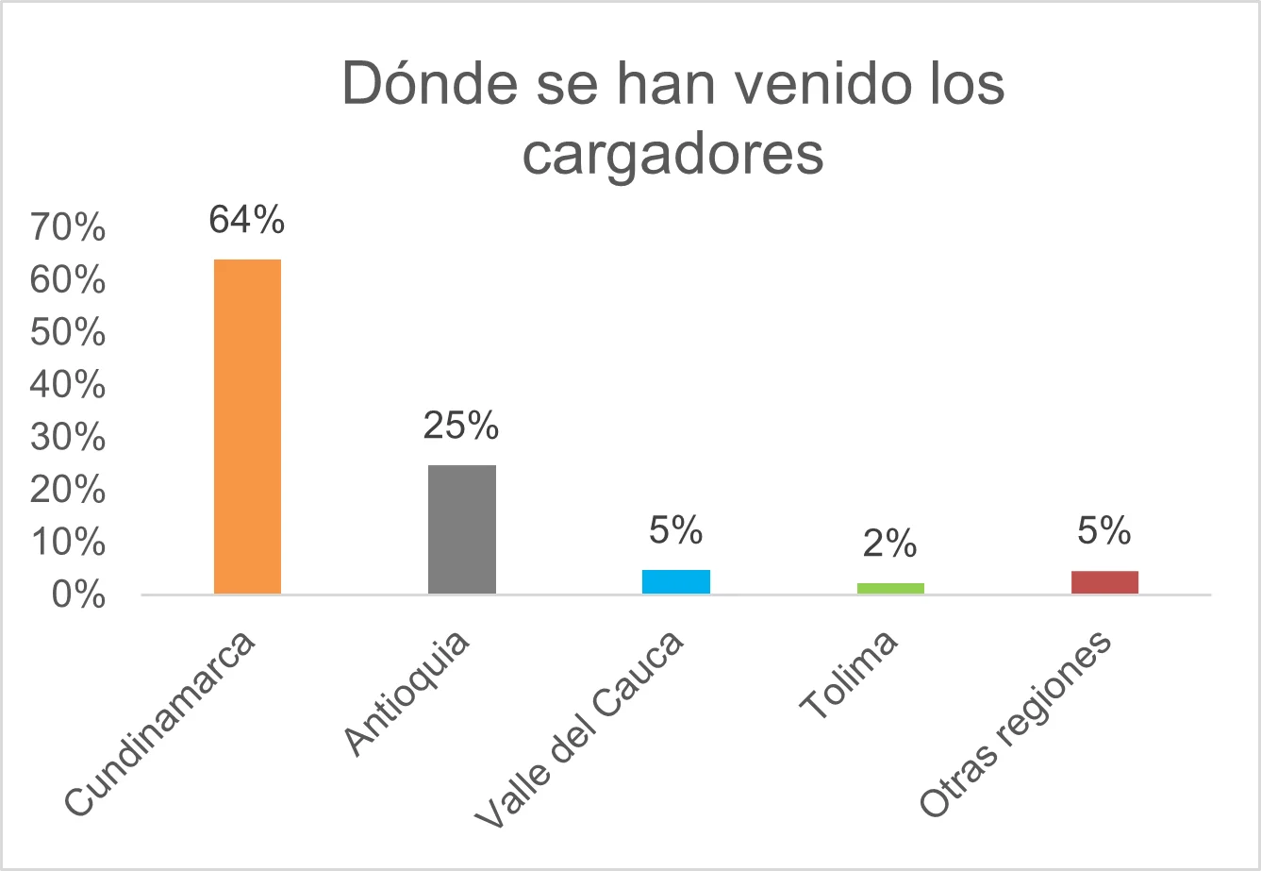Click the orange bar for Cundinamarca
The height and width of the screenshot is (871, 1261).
click(247, 426)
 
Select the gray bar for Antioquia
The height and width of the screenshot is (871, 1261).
click(461, 528)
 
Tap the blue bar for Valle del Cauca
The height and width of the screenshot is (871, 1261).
click(675, 581)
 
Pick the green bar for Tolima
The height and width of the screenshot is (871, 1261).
click(889, 588)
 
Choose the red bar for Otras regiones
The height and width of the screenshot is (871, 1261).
click(1104, 582)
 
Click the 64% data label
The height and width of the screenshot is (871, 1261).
click(247, 220)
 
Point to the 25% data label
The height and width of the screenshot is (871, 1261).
click(461, 427)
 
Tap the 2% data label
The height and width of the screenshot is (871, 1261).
click(889, 544)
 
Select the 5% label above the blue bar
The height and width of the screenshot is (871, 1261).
click(675, 531)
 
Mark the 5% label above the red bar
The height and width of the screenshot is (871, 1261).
click(1104, 531)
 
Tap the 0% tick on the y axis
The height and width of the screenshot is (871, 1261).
click(79, 595)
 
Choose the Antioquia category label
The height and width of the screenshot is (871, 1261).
click(407, 695)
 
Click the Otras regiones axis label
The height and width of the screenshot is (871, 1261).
click(1016, 724)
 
